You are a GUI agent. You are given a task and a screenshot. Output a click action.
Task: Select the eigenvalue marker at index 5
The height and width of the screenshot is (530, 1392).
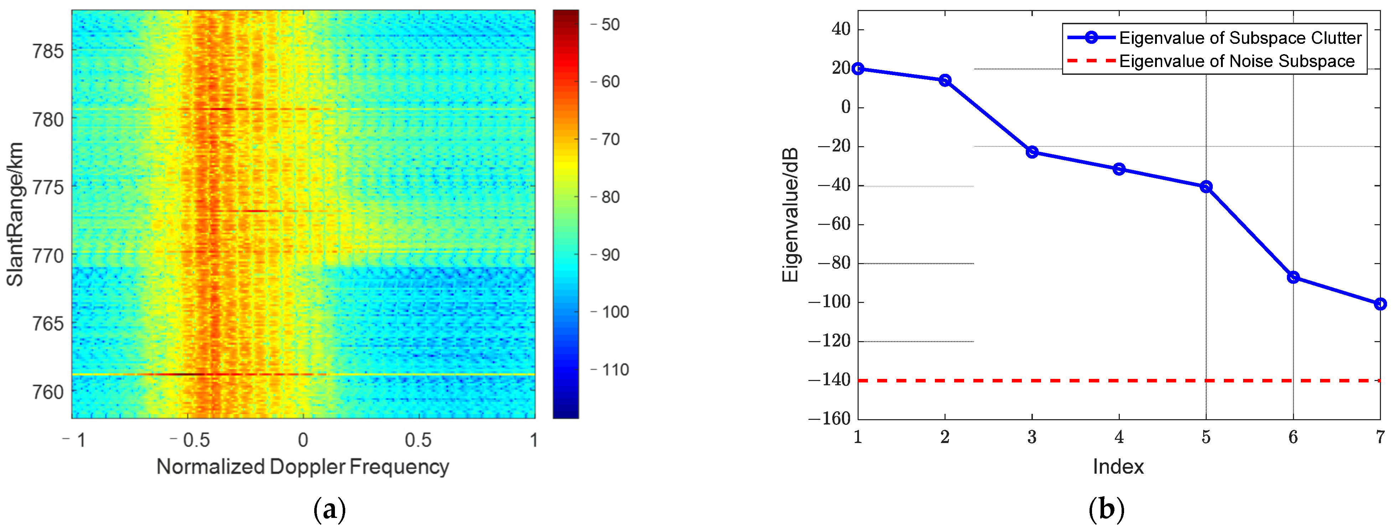click(x=1206, y=186)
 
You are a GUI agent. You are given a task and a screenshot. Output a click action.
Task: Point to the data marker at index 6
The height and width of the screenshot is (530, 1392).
click(x=1293, y=277)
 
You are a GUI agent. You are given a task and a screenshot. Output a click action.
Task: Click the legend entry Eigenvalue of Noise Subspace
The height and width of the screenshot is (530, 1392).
click(x=1236, y=61)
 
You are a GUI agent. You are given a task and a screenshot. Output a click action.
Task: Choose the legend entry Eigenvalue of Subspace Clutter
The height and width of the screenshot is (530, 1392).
click(x=1240, y=38)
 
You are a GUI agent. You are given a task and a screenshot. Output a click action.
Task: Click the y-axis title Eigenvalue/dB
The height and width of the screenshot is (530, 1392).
click(x=790, y=215)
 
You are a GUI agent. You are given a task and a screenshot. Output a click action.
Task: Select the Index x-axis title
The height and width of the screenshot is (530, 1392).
click(x=1118, y=466)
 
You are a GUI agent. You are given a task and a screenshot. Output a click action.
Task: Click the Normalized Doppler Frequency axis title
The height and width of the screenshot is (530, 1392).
click(x=302, y=466)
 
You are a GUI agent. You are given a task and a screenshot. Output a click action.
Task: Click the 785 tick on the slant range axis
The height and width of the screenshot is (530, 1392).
click(x=47, y=51)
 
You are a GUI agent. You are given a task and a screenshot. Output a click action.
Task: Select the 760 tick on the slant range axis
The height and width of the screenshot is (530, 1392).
click(x=47, y=392)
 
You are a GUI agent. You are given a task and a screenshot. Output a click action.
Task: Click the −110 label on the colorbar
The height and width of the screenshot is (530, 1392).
click(x=611, y=370)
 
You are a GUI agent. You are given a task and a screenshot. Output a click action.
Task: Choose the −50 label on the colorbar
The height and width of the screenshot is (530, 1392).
click(x=606, y=24)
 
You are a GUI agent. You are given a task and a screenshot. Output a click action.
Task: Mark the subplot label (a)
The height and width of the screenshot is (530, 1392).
click(x=329, y=509)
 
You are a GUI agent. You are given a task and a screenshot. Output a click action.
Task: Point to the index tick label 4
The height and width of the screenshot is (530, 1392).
click(x=1119, y=437)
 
